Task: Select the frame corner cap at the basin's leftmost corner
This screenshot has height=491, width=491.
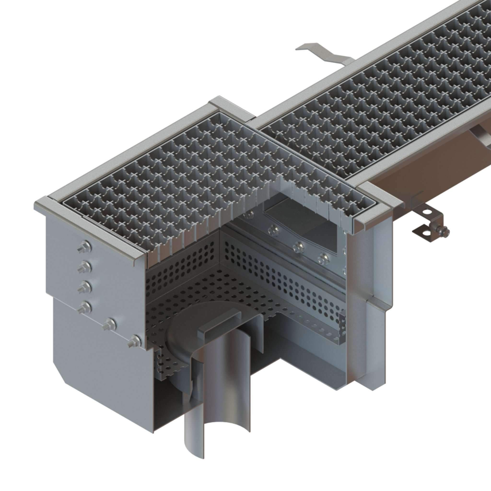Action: click(x=41, y=203)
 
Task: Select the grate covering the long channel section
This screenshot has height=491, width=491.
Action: click(x=381, y=102)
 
